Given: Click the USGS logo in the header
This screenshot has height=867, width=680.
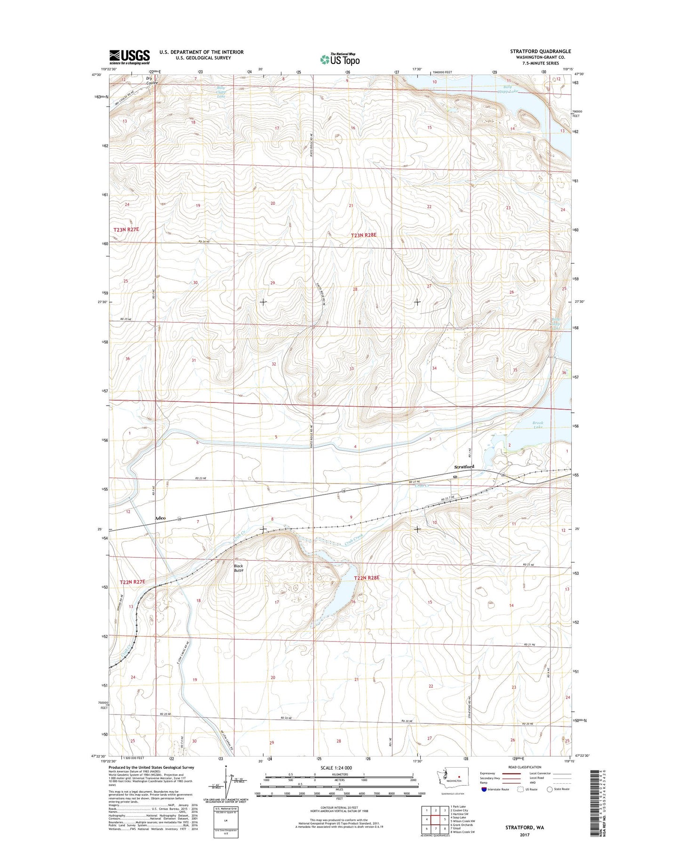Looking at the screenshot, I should [129, 56].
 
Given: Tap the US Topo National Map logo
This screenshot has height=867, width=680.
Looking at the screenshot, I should [340, 59].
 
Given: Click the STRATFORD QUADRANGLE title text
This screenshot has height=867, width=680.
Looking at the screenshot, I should [540, 51].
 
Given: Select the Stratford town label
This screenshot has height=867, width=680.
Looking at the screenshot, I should [464, 467].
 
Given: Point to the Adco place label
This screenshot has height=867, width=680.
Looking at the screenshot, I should [160, 518].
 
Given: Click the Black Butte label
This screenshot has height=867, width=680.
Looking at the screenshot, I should [239, 568].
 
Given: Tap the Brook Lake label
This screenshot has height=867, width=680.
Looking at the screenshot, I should [538, 425].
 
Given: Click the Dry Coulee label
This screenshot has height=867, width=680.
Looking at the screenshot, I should [152, 80].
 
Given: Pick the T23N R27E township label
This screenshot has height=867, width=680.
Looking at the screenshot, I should [126, 229].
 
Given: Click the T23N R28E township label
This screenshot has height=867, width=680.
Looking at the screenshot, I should [364, 235].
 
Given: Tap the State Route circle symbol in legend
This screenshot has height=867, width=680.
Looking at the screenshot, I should [549, 789].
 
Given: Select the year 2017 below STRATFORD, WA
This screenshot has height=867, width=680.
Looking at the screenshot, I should [525, 835].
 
